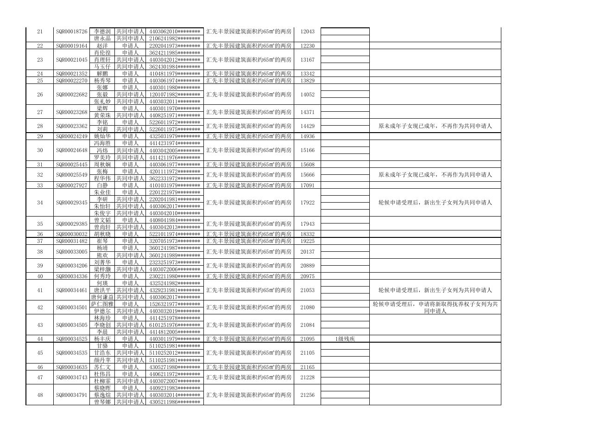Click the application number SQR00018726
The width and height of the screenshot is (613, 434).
click(71, 32)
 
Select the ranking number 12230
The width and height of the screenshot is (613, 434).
click(307, 46)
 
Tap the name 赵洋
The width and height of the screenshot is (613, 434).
click(102, 46)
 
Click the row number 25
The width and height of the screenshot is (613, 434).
click(39, 81)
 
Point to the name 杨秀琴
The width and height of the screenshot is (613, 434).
click(102, 81)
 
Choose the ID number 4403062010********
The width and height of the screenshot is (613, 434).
click(175, 32)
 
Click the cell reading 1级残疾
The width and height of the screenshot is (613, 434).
click(345, 339)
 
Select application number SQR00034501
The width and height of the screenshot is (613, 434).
click(71, 307)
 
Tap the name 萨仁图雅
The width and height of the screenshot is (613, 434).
click(102, 304)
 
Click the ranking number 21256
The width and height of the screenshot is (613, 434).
click(307, 395)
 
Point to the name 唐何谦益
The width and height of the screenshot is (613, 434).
click(102, 297)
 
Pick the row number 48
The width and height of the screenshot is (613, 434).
click(39, 395)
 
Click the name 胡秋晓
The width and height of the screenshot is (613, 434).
click(102, 234)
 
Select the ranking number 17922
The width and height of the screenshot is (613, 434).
click(307, 203)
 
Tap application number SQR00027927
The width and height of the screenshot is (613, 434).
click(71, 185)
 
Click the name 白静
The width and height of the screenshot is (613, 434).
click(102, 185)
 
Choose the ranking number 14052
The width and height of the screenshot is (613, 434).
click(307, 95)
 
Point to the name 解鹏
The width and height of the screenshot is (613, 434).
click(102, 74)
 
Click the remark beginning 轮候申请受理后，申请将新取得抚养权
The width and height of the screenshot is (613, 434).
click(435, 307)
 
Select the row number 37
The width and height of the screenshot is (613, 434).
click(39, 241)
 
